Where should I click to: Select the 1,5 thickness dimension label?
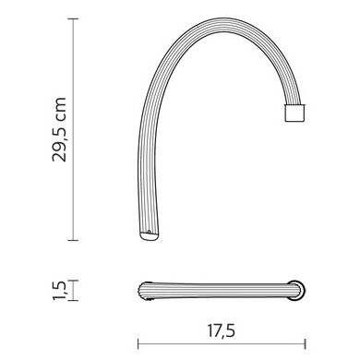tap(59, 290)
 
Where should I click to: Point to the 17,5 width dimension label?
tap(222, 330)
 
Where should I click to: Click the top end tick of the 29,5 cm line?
tap(73, 18)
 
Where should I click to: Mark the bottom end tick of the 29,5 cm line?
tap(73, 240)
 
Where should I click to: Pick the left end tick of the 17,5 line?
tap(138, 343)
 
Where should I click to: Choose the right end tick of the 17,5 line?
tap(305, 343)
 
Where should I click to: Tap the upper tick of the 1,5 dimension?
tap(73, 281)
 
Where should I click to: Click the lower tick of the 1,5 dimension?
tap(73, 300)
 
